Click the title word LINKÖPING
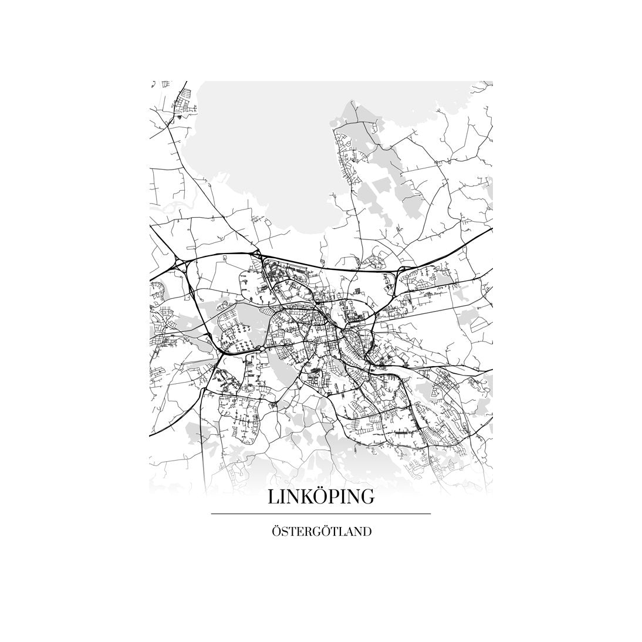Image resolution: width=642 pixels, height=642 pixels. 321,496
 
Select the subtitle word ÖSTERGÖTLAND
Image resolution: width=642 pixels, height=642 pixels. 321,532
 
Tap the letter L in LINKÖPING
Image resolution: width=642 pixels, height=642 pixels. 273,497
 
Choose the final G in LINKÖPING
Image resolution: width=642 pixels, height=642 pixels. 367,497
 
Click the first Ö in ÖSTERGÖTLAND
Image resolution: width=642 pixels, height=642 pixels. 276,532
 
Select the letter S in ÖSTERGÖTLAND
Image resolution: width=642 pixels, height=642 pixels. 284,533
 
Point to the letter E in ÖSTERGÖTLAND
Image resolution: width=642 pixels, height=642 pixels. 300,533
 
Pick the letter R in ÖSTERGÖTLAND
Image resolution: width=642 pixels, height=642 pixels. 309,533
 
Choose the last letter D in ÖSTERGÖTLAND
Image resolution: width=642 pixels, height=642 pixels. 367,533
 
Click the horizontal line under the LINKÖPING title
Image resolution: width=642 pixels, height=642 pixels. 321,514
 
